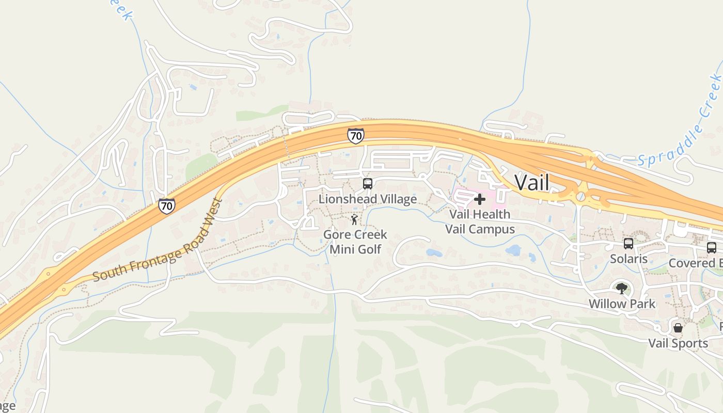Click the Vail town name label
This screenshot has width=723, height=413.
532,182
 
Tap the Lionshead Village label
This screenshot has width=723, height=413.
367,199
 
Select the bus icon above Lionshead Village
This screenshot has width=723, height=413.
367,183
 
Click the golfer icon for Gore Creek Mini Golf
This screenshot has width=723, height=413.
354,220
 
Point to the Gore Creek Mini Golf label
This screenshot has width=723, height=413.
355,242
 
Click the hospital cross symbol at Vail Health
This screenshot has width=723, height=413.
479,199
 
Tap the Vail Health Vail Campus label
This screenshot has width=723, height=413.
480,221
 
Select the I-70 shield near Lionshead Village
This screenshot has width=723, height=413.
355,136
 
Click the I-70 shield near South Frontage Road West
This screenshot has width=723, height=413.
166,205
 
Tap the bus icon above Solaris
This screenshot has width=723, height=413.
628,243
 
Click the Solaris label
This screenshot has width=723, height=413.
628,259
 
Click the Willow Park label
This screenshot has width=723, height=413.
622,304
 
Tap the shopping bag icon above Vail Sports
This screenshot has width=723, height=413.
678,328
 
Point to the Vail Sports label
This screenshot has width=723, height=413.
678,343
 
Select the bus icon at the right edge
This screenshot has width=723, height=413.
711,248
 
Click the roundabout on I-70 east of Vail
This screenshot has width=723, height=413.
581,196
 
